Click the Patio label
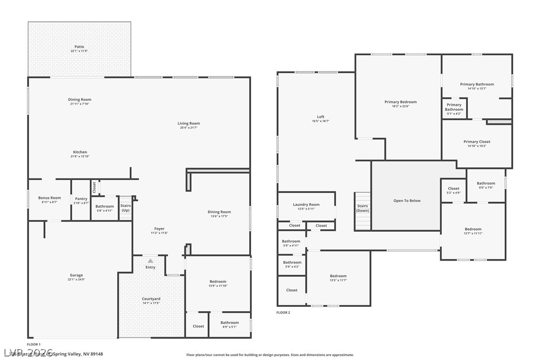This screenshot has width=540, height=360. click(x=79, y=47)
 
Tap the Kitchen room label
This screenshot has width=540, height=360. click(x=80, y=152)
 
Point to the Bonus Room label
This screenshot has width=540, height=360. click(x=50, y=198)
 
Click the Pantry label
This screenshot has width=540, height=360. click(x=81, y=199)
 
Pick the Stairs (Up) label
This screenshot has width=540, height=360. click(x=125, y=208)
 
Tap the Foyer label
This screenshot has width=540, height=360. click(x=159, y=229)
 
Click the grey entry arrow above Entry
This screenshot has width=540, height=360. click(x=150, y=261)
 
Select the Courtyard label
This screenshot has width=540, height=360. click(x=151, y=299)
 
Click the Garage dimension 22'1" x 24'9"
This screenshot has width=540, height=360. click(x=76, y=279)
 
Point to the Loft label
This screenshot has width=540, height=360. click(x=321, y=117)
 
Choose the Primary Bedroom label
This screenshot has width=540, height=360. click(x=400, y=102)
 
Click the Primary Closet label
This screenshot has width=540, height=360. click(x=477, y=142)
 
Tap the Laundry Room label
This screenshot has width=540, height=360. click(x=307, y=204)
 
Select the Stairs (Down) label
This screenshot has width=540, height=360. click(x=362, y=208)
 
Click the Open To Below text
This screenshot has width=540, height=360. click(x=407, y=201)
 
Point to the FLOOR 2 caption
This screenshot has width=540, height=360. click(x=283, y=312)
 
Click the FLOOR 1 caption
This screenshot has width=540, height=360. click(x=34, y=344)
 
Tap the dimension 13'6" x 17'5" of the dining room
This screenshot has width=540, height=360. click(x=219, y=216)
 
